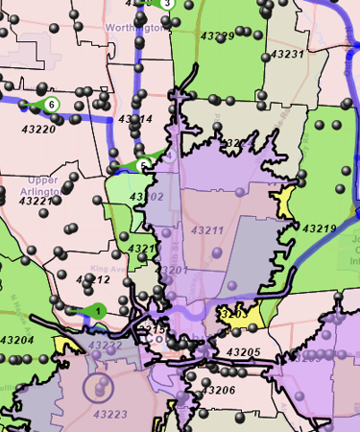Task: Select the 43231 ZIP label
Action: [x=286, y=55]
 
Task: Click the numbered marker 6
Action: [x=52, y=104]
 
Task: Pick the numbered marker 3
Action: [x=167, y=3]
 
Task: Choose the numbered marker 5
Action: [x=143, y=165]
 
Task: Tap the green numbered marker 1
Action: [x=98, y=309]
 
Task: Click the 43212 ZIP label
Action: [x=93, y=279]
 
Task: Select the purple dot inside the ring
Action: [x=97, y=389]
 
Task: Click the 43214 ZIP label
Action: [x=135, y=119]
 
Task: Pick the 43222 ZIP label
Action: [x=105, y=345]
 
